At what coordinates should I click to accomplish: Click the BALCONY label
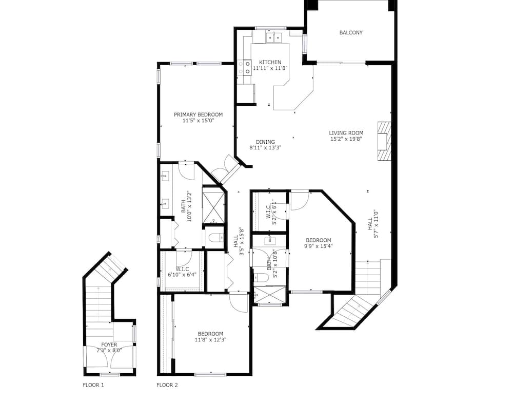351,33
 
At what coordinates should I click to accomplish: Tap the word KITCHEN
270,62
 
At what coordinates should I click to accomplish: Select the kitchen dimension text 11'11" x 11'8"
270,68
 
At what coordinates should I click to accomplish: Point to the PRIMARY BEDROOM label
198,114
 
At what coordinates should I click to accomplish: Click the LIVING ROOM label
346,133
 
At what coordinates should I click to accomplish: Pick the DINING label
266,142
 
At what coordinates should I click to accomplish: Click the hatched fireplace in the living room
384,141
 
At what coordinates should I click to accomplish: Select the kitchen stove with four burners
244,66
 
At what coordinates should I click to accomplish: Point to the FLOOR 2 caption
167,384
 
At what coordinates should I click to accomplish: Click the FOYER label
109,345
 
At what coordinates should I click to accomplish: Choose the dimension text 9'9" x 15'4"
319,246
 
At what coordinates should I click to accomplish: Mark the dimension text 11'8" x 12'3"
210,339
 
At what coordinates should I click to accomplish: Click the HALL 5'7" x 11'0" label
373,224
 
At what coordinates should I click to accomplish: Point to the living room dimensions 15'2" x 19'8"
346,139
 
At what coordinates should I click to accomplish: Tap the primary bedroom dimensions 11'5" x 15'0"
198,121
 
